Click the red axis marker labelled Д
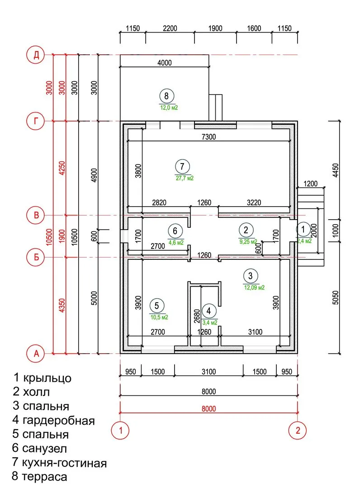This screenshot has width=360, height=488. (36, 55)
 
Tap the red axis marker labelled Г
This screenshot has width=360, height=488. (36, 121)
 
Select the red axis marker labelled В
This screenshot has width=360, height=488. (36, 216)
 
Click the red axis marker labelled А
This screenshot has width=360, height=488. (36, 353)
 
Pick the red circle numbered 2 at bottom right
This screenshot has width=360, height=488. (298, 430)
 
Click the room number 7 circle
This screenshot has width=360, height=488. (182, 166)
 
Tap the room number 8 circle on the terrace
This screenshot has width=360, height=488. (166, 96)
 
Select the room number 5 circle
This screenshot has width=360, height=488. (156, 306)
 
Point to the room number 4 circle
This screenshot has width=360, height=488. (209, 311)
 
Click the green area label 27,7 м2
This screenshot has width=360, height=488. (185, 178)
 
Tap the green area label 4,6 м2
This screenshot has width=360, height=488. (176, 242)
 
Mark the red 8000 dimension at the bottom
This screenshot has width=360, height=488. (208, 409)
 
